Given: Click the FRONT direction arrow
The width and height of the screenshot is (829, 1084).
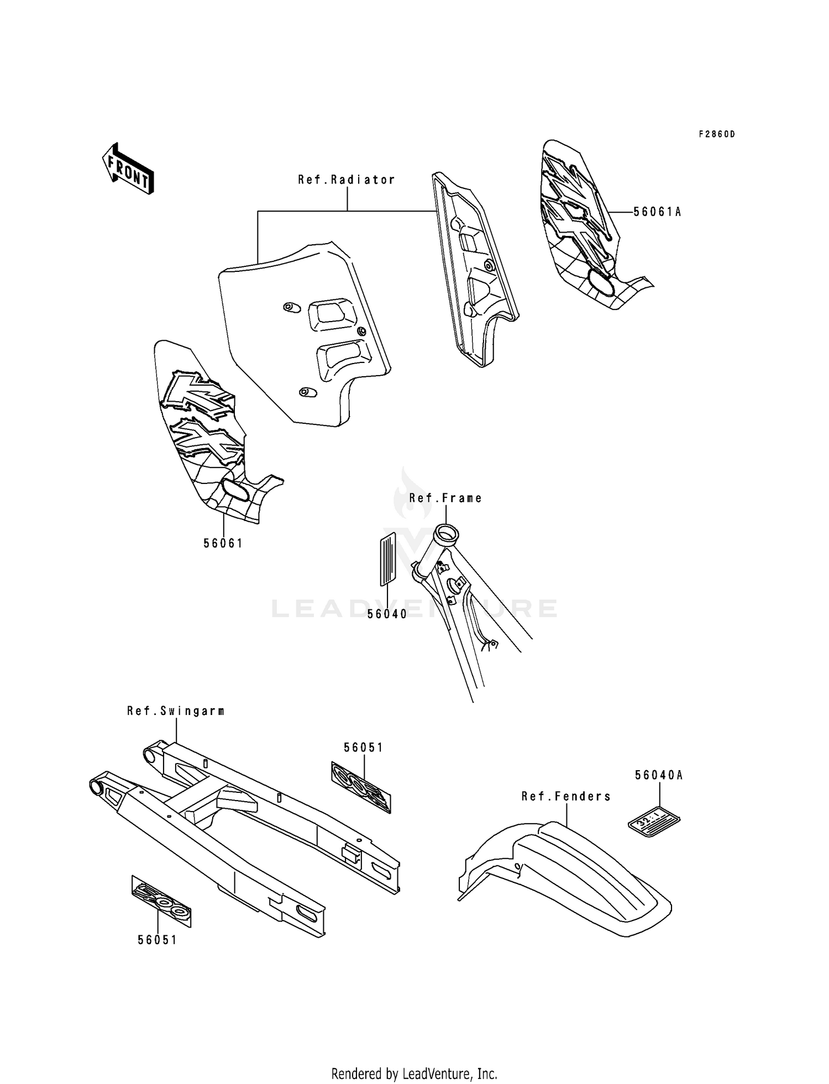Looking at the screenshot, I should [128, 169].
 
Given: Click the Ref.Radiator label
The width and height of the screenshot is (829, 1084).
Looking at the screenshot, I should [347, 180].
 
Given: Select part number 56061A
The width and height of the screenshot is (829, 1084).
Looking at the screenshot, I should [657, 212].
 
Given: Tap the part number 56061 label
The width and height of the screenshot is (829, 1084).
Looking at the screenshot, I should [223, 543].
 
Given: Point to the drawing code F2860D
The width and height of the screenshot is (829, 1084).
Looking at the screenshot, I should [717, 134].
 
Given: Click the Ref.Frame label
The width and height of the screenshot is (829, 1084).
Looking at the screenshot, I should [445, 498].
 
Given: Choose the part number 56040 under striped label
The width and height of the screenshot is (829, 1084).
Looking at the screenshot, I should [387, 614].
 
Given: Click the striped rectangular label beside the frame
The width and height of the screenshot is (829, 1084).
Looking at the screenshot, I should [387, 559].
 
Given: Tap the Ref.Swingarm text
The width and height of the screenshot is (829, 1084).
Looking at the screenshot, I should [176, 711].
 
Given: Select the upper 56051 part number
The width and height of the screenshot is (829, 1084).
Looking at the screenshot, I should [364, 748].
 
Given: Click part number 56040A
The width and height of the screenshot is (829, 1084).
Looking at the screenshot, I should [659, 775].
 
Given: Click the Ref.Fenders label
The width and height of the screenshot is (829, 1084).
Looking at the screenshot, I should [566, 796].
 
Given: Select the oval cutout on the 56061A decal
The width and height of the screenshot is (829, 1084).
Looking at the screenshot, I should [600, 281].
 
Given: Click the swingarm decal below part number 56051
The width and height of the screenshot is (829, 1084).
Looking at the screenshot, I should [361, 787].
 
